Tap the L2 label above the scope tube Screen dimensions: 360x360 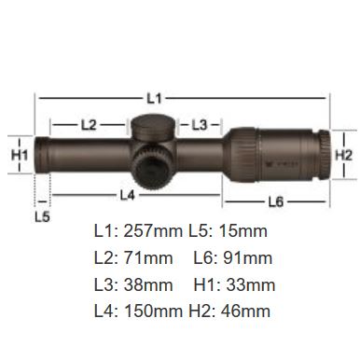coord(89,123)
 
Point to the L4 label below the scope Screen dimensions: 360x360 coord(128,195)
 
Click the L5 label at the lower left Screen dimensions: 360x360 coord(42,215)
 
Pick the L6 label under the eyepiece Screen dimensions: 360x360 coord(275,201)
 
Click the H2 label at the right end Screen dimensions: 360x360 coord(343,153)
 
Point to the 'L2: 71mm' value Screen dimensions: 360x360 coord(133,257)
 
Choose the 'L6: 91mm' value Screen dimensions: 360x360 coord(233,257)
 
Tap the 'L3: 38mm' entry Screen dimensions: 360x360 coord(133,284)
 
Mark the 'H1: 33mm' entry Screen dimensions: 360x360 coord(235,284)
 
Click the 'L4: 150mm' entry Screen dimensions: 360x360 coord(138,310)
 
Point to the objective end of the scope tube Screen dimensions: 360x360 coord(43,154)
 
